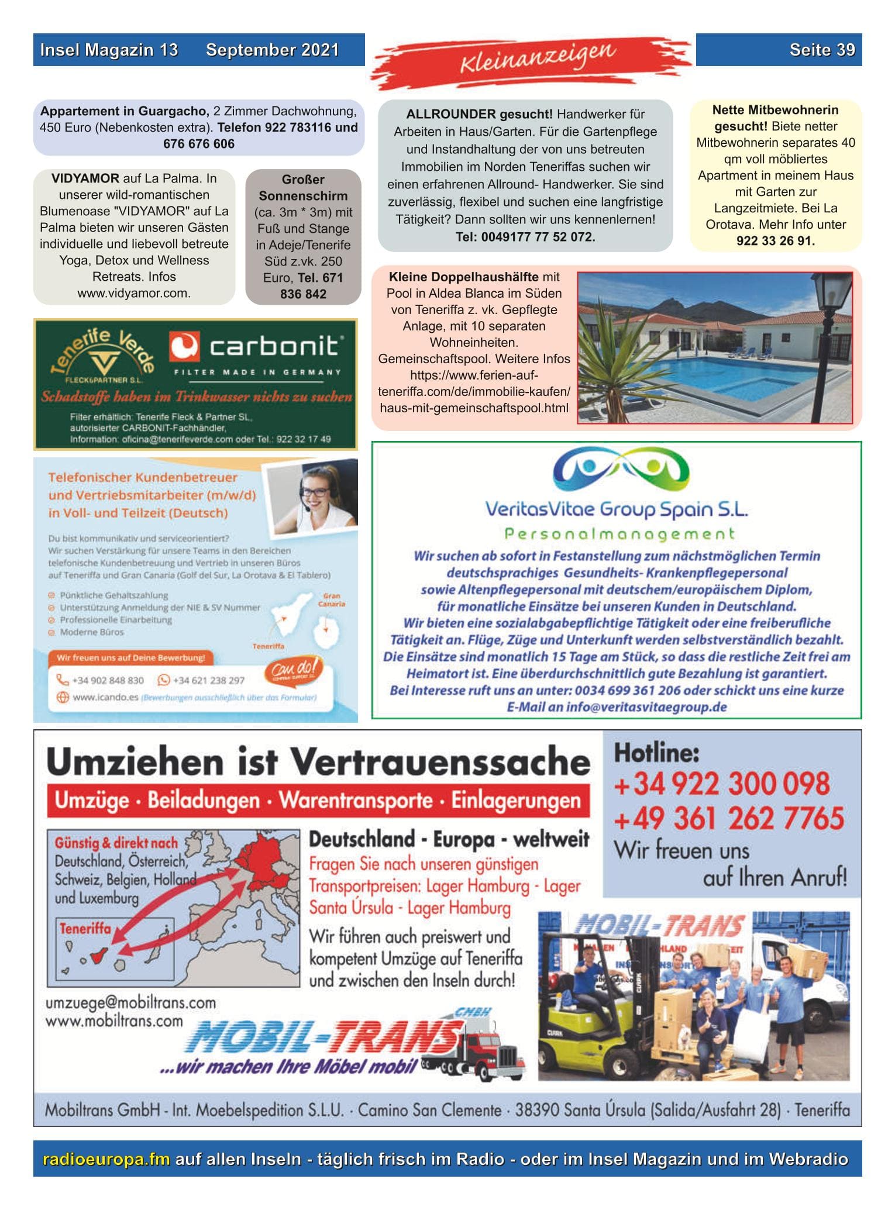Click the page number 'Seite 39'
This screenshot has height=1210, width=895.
click(x=821, y=50)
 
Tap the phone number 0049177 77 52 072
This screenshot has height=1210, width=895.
click(x=525, y=237)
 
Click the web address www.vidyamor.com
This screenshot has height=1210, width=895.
click(x=134, y=293)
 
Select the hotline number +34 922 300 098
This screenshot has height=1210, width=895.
click(x=721, y=784)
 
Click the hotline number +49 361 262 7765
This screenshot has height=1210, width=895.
click(x=728, y=818)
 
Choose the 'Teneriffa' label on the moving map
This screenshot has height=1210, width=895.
click(x=84, y=928)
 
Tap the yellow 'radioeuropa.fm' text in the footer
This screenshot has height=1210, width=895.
click(x=106, y=1159)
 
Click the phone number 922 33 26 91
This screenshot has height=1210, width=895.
click(x=774, y=240)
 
